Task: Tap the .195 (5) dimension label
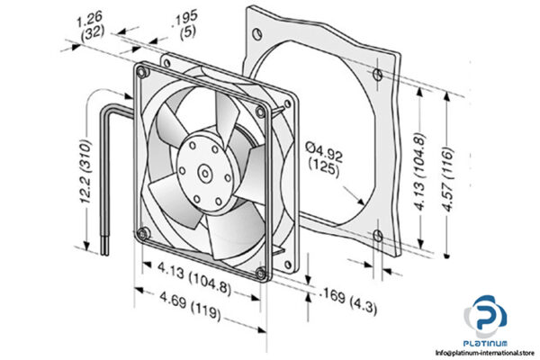tap(185, 27)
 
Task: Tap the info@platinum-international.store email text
tap(484, 353)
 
